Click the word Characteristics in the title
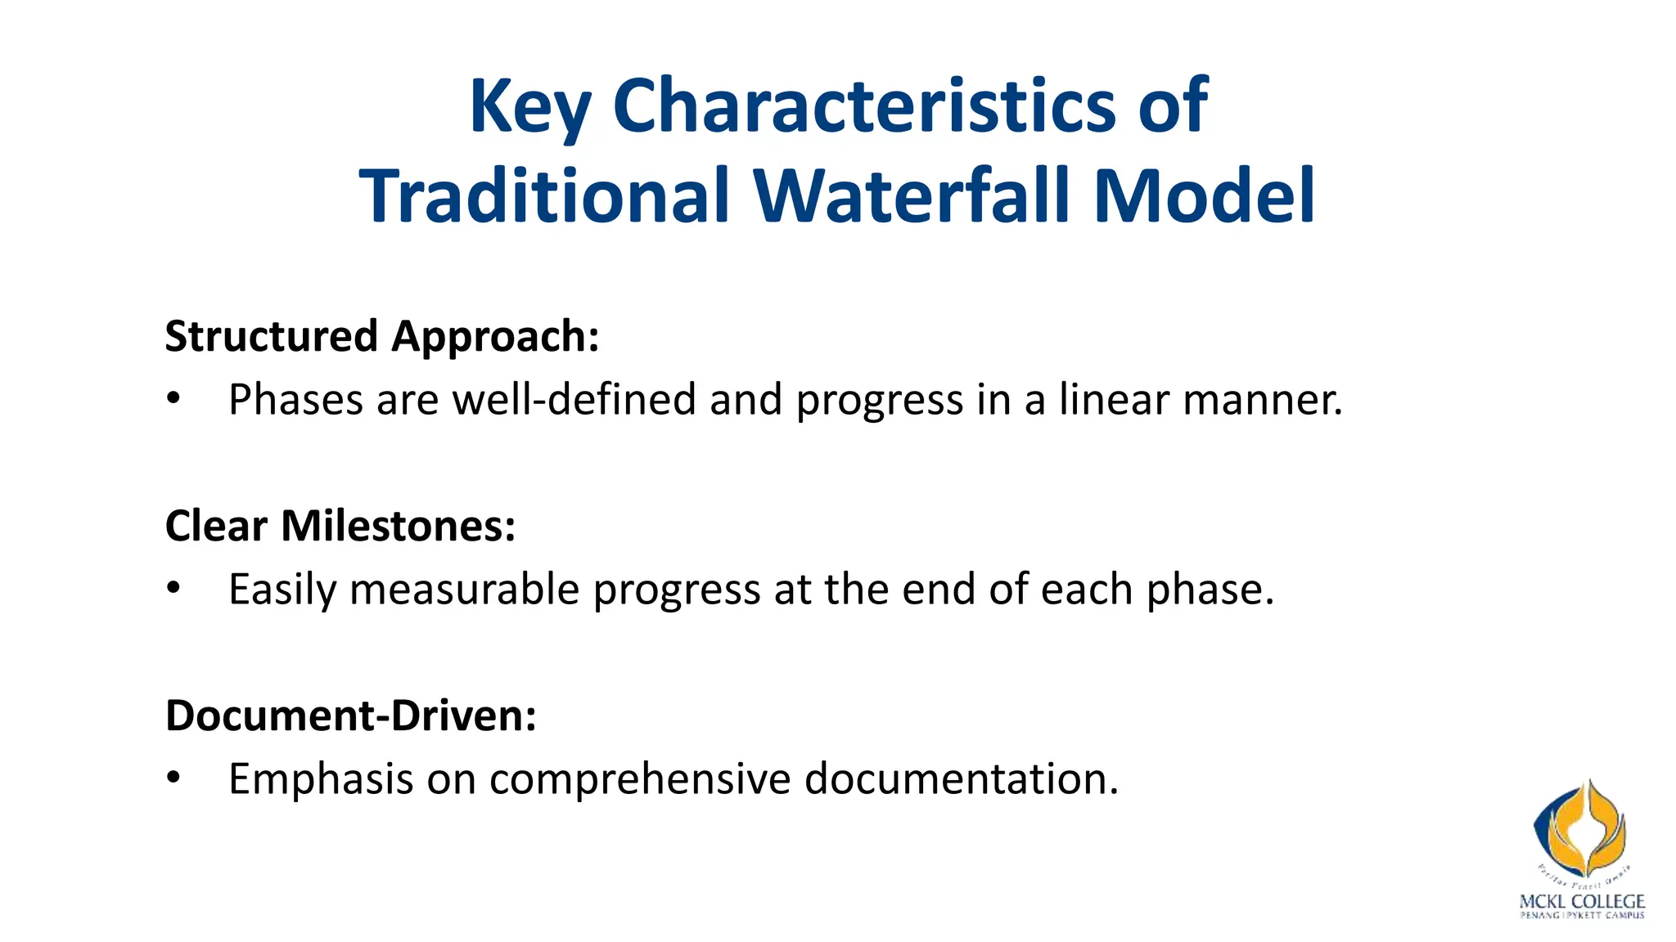point(863,106)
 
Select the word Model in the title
point(1204,196)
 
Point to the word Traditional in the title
point(544,196)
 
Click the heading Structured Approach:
point(382,337)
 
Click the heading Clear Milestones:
point(340,526)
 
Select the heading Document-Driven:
point(351,715)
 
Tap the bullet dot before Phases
point(173,400)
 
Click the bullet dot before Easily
point(173,590)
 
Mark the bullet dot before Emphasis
point(173,778)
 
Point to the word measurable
point(465,590)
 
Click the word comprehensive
point(640,778)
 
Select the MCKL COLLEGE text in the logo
point(1581,902)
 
